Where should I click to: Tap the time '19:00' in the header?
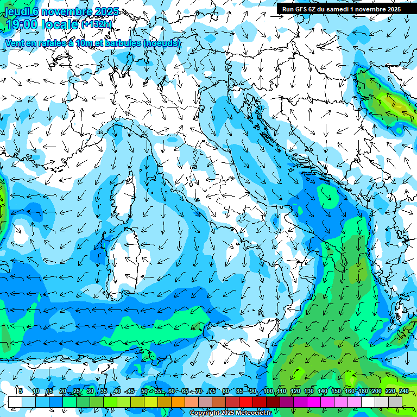tap(23, 24)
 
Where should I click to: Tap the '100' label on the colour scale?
tap(268, 391)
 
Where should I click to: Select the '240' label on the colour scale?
tap(403, 391)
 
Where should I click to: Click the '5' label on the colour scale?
tap(21, 391)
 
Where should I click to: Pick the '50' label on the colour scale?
tap(144, 391)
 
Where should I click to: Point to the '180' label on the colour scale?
tap(363, 391)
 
